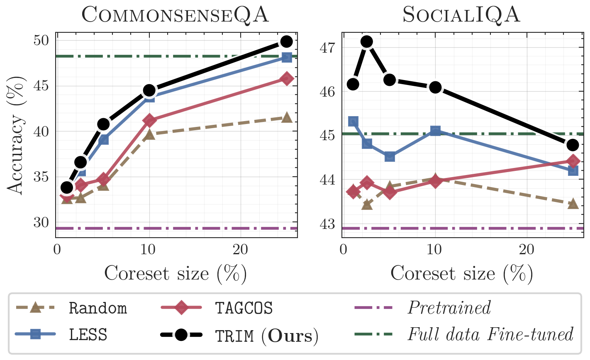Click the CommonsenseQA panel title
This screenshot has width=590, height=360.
click(175, 15)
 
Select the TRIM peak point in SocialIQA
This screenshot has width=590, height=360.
click(367, 41)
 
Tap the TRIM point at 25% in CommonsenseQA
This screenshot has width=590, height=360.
click(287, 41)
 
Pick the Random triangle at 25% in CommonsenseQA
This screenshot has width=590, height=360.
click(287, 118)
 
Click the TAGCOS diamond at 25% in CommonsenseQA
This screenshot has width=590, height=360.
click(287, 78)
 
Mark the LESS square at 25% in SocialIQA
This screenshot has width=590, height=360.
click(573, 170)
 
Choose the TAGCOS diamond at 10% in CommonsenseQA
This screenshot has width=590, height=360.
click(149, 120)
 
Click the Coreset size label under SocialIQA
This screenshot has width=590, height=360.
click(461, 274)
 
